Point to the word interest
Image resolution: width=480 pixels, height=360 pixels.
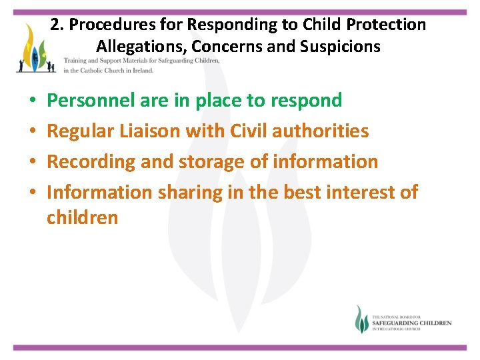[355, 193]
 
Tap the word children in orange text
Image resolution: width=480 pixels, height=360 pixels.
[82, 217]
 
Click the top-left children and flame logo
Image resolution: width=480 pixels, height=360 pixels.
[36, 49]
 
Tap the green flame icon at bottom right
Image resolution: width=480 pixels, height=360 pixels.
[361, 320]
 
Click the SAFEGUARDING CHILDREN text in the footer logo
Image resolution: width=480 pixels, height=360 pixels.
[411, 323]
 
